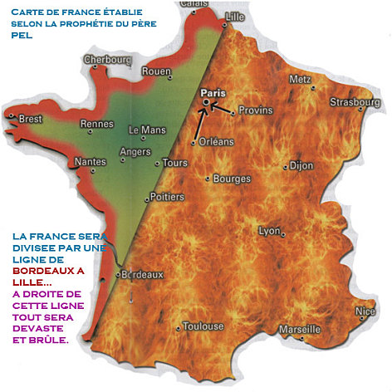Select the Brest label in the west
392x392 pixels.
(30, 119)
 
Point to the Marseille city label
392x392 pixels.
(300, 329)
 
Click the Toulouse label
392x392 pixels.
(202, 326)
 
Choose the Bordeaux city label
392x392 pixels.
(143, 275)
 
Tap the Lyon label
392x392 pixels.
(270, 231)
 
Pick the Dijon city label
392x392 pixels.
(301, 165)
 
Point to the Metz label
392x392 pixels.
(299, 80)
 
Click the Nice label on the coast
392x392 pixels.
(365, 311)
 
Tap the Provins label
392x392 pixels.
(255, 110)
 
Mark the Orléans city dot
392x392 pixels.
(194, 143)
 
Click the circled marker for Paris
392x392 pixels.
(206, 102)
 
